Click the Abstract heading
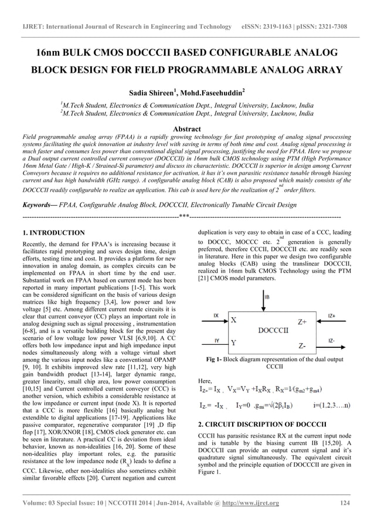pyautogui.click(x=186, y=128)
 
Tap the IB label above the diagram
pyautogui.click(x=268, y=297)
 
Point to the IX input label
pyautogui.click(x=216, y=316)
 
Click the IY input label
pyautogui.click(x=216, y=340)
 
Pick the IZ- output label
pyautogui.click(x=331, y=340)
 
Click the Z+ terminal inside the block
pyautogui.click(x=302, y=322)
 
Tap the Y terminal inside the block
pyautogui.click(x=234, y=342)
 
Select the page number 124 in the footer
pyautogui.click(x=346, y=503)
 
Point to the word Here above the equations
pyautogui.click(x=205, y=381)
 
